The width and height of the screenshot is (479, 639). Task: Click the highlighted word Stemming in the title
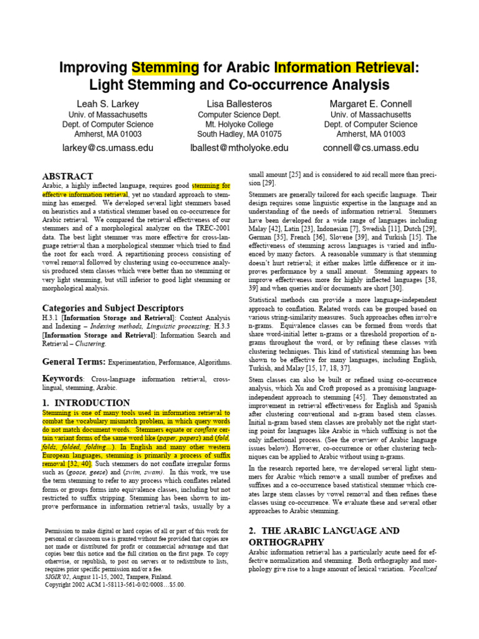165,67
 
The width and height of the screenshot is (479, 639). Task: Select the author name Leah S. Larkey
107,104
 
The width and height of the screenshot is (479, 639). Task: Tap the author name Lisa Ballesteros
239,104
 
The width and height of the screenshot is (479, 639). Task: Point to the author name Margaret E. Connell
370,104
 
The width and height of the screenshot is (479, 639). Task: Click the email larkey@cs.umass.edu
107,148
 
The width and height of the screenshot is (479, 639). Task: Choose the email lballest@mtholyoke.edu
239,148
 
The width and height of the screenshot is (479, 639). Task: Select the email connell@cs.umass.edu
370,148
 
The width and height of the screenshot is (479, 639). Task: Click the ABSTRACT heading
67,177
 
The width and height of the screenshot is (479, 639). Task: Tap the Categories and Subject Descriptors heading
112,308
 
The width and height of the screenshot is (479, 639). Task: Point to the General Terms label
74,361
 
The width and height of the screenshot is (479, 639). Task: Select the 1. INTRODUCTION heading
86,402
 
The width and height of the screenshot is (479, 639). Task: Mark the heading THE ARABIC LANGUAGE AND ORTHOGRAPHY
324,536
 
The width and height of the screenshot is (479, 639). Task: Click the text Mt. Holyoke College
239,124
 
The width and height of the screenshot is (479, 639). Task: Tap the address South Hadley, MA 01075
239,134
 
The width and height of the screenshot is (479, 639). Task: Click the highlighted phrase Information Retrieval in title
343,67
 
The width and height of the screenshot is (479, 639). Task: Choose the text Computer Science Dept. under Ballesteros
239,115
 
